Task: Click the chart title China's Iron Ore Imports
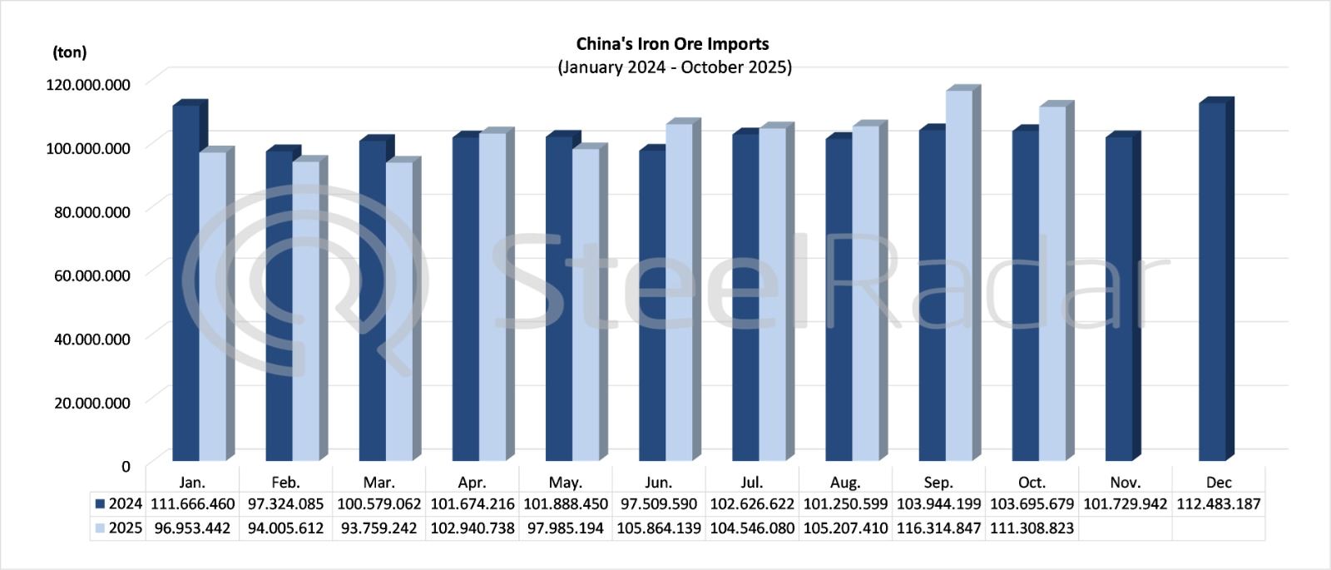click(672, 44)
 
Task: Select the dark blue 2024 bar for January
click(186, 283)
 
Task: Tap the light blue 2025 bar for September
click(959, 275)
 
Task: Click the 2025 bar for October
click(1052, 283)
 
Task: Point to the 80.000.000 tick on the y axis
click(92, 212)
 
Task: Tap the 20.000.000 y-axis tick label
click(92, 403)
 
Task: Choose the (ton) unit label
click(70, 52)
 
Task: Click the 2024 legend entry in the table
click(119, 504)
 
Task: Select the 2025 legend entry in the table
click(119, 528)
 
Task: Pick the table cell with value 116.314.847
click(938, 528)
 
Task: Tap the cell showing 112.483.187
click(1219, 504)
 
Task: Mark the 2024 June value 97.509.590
click(658, 504)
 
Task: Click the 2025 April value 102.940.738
click(472, 528)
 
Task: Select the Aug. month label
click(845, 483)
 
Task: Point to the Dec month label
click(1219, 483)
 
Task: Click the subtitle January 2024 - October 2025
click(674, 67)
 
